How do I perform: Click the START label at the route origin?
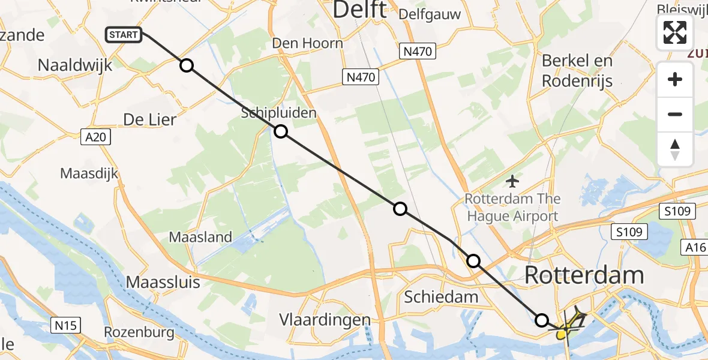pyautogui.click(x=124, y=35)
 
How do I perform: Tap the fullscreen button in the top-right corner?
pyautogui.click(x=675, y=32)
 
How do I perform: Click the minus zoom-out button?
pyautogui.click(x=675, y=114)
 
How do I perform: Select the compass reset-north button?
pyautogui.click(x=675, y=149)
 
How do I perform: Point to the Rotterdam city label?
pyautogui.click(x=584, y=275)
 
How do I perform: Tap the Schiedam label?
pyautogui.click(x=441, y=296)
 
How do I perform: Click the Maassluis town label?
pyautogui.click(x=163, y=282)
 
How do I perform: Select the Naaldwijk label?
pyautogui.click(x=75, y=65)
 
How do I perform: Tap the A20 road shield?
pyautogui.click(x=95, y=137)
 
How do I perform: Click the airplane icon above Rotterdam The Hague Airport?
pyautogui.click(x=512, y=180)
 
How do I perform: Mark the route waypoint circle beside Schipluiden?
pyautogui.click(x=280, y=132)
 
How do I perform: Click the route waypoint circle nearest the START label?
pyautogui.click(x=187, y=65)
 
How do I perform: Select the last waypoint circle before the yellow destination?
pyautogui.click(x=542, y=320)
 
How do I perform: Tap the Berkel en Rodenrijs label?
pyautogui.click(x=577, y=70)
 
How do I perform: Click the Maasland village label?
pyautogui.click(x=200, y=237)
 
